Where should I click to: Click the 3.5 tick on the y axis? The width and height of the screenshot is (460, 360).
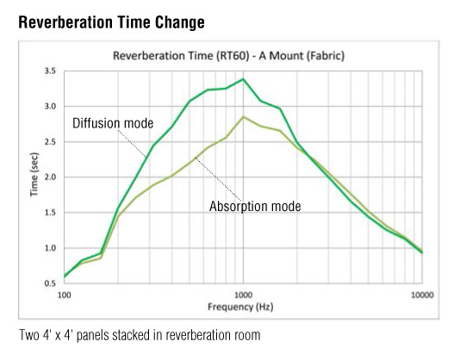pos(50,71)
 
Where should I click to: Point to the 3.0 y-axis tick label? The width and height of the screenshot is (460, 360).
pos(50,106)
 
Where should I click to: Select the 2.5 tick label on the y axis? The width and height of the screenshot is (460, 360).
pos(50,142)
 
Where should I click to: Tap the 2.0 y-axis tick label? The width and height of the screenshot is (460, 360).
pos(50,177)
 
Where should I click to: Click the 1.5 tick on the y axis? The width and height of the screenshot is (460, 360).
pos(50,213)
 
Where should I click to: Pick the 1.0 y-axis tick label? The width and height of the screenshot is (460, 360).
pos(50,248)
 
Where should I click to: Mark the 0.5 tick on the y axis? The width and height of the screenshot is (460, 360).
pos(50,283)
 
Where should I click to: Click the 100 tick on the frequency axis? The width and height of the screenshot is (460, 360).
pos(65,295)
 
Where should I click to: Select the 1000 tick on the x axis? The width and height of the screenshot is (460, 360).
pos(243,295)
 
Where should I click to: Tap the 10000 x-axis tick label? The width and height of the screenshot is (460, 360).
pos(422,295)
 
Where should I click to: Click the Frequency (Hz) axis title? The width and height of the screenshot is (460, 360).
pos(240,307)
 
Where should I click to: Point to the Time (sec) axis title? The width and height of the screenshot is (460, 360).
pos(34,174)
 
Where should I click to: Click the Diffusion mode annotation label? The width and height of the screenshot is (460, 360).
pos(113,123)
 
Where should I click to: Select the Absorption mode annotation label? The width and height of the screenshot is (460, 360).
pos(255,206)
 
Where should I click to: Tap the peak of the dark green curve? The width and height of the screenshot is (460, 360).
pos(243,79)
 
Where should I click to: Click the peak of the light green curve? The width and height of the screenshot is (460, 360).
pos(243,117)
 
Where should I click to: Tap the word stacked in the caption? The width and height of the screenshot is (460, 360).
pos(131,335)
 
